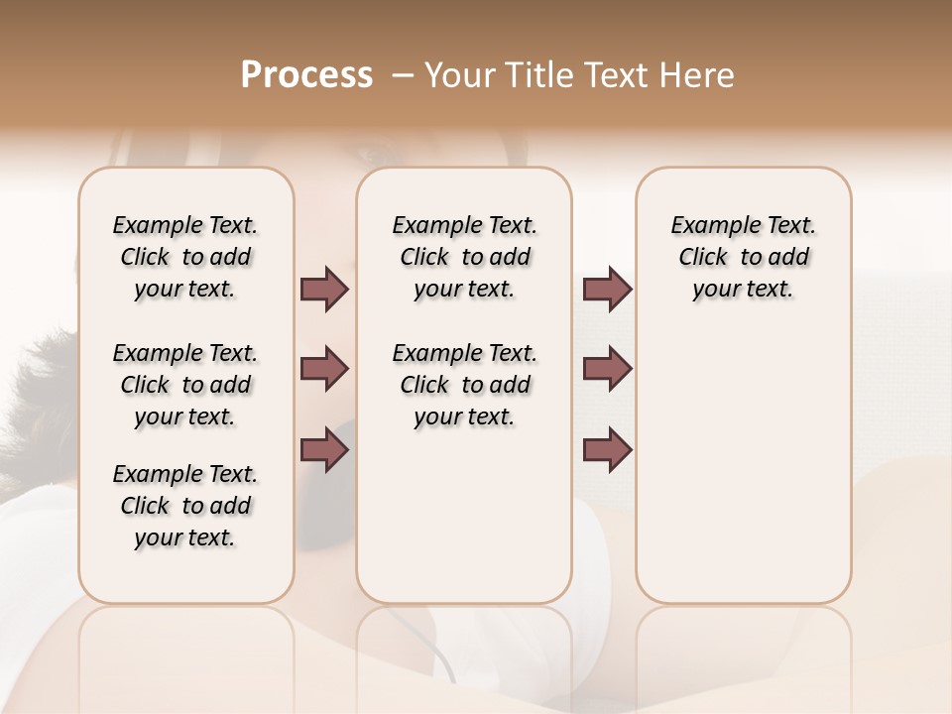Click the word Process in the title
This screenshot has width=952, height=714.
tap(306, 75)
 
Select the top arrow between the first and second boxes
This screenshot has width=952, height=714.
tap(324, 290)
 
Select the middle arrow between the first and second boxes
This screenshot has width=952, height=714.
tap(324, 369)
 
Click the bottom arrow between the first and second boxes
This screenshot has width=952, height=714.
tap(324, 448)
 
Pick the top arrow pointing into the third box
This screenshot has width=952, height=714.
tap(607, 290)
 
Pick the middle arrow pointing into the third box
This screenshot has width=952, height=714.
tap(607, 369)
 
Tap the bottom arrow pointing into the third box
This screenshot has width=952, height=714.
tap(607, 448)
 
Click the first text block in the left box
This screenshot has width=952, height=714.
tap(185, 257)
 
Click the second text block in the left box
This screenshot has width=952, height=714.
tap(185, 385)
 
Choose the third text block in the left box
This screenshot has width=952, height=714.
tap(185, 506)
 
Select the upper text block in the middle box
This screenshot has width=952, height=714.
tap(464, 257)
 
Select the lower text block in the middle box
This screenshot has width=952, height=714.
tap(464, 385)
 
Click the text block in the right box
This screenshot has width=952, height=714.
tap(743, 257)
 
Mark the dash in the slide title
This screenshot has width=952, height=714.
tap(403, 76)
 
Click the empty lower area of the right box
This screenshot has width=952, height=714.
tap(743, 466)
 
